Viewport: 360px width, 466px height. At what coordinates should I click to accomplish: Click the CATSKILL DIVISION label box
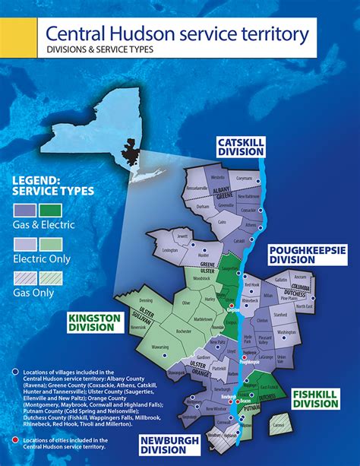240,147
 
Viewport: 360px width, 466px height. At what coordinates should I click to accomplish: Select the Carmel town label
279,436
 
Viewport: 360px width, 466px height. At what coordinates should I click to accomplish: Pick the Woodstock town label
201,280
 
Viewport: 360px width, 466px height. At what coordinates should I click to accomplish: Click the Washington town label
287,332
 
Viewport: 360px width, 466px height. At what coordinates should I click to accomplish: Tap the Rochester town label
182,331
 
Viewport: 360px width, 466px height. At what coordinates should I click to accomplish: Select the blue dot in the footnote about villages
15,372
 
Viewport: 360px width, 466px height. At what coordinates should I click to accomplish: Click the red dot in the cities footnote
15,439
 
